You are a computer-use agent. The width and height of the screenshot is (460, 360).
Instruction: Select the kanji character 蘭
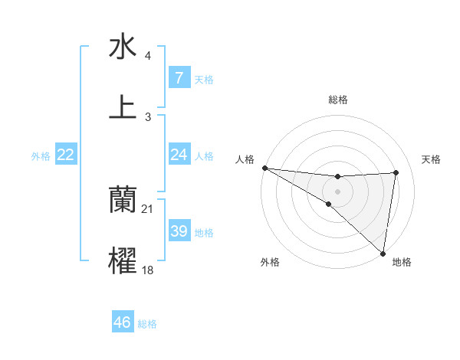pos(123,199)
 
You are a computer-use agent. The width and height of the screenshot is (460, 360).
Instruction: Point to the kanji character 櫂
pos(123,260)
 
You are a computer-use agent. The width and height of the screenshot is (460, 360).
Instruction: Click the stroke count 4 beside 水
pos(147,56)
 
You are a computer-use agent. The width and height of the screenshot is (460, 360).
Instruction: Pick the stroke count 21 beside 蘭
pos(148,209)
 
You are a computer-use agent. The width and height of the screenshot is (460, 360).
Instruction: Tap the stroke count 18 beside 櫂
pos(148,270)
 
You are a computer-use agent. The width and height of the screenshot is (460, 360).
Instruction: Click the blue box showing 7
pos(179,78)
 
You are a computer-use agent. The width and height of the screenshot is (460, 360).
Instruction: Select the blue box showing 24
pos(179,155)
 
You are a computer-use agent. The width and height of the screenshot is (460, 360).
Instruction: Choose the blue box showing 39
pos(179,231)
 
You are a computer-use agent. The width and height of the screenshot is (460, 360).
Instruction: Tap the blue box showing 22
pos(65,155)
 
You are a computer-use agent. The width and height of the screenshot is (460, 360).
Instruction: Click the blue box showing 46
pos(122,322)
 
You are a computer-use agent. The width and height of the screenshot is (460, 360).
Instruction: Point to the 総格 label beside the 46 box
pos(147,324)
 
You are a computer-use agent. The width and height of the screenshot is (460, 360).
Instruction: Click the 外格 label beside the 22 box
pos(41,156)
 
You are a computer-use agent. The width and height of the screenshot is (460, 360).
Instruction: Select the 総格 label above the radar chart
pos(338,100)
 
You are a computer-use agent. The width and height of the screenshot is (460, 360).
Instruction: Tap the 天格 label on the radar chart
pos(432,159)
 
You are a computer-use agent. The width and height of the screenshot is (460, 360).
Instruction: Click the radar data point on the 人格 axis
pos(264,168)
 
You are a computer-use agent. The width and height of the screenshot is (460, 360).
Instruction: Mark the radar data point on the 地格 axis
pos(382,254)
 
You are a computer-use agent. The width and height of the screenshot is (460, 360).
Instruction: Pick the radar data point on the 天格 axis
pos(396,172)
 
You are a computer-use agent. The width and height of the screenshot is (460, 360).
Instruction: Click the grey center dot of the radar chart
pos(337,191)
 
